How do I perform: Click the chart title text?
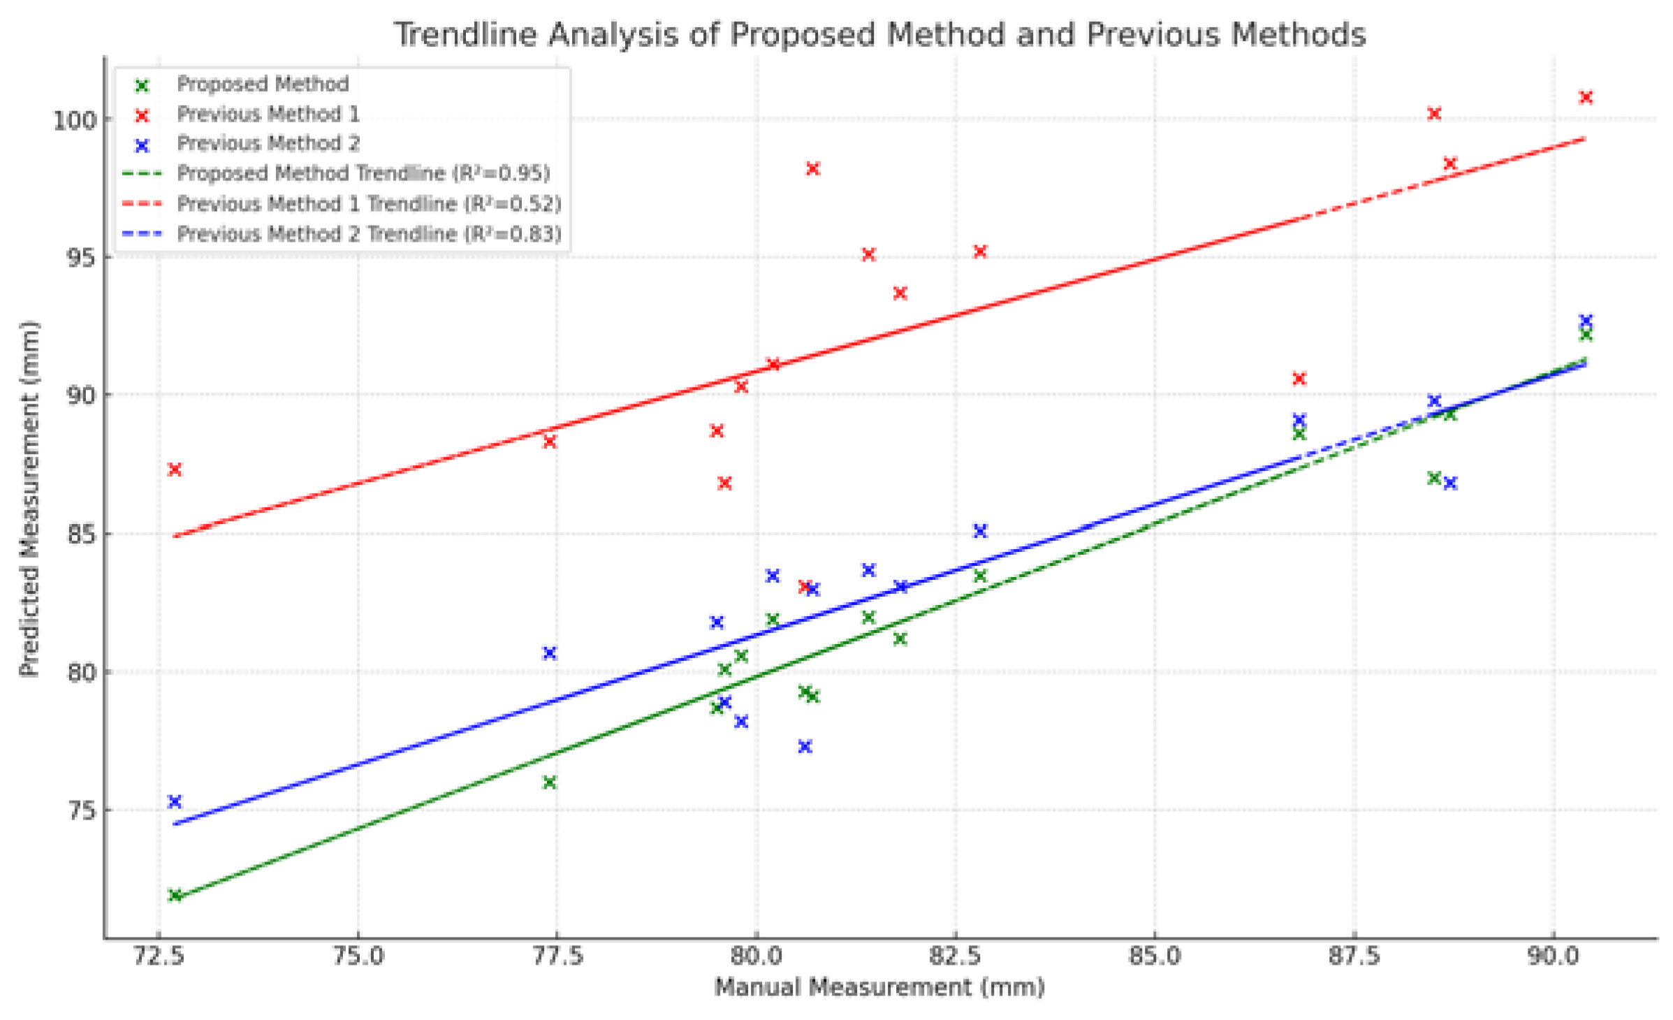click(879, 35)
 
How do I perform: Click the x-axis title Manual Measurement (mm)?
click(879, 987)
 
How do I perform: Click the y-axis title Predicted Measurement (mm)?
click(29, 499)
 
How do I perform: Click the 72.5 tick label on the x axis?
click(159, 955)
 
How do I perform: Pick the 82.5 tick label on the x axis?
click(956, 955)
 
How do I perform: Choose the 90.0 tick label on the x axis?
click(1553, 955)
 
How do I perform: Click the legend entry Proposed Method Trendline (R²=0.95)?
click(363, 173)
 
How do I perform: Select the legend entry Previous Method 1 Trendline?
click(369, 204)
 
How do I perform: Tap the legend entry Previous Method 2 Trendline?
click(369, 234)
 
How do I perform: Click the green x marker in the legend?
click(142, 86)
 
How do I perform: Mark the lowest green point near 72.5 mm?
click(175, 896)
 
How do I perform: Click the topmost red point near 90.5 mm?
click(1586, 98)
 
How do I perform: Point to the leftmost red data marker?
click(175, 469)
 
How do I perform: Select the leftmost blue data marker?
click(175, 801)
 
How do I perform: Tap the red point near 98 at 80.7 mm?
click(813, 169)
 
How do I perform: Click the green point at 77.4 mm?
click(550, 782)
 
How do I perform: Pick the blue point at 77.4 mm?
click(550, 653)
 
